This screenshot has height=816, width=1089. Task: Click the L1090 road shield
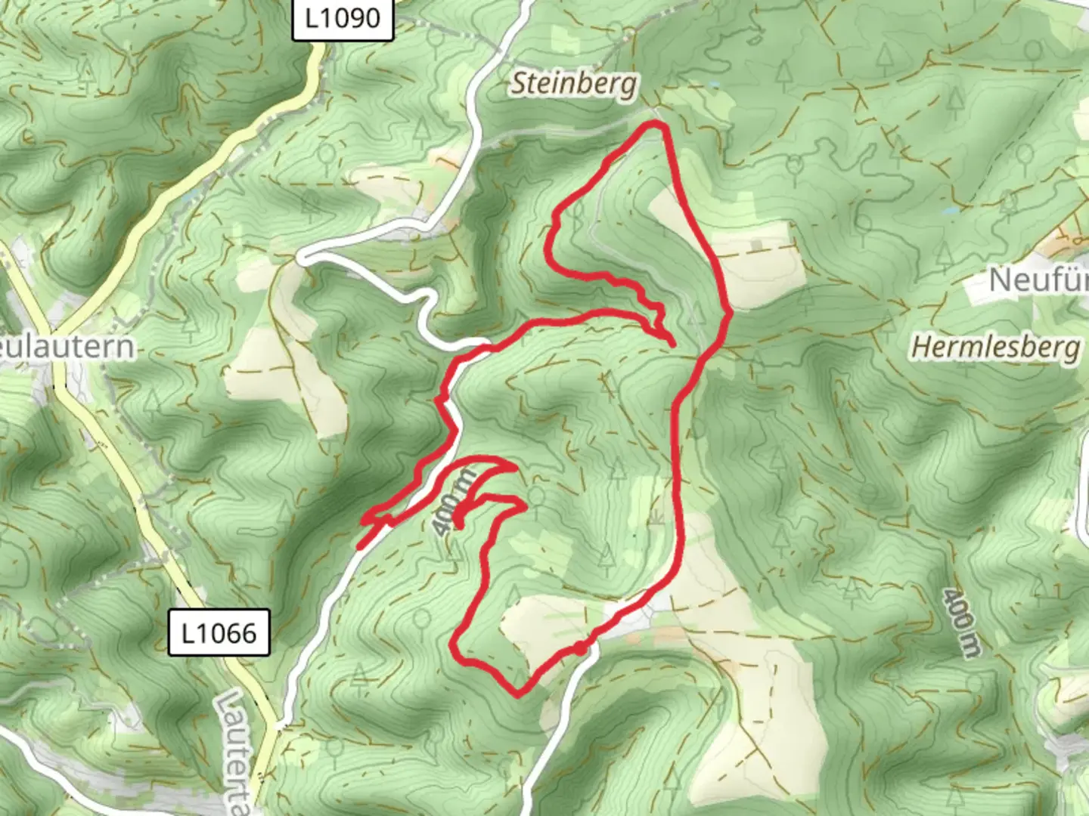[343, 18]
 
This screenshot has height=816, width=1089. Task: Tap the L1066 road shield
[219, 632]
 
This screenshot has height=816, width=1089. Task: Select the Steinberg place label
[574, 84]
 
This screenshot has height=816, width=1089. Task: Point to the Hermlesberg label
[995, 348]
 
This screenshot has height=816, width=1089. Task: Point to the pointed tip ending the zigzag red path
[672, 345]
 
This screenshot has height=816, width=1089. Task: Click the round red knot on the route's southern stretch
[579, 648]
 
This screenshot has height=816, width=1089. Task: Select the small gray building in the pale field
[759, 246]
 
